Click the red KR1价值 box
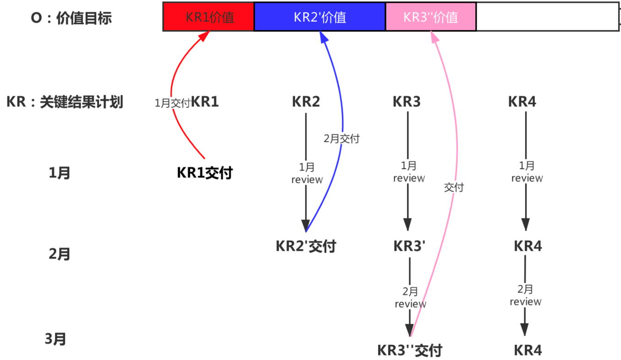[x=209, y=17]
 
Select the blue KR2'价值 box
[x=319, y=17]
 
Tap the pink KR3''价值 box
[x=430, y=17]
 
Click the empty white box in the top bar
[x=547, y=17]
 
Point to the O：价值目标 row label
[x=71, y=18]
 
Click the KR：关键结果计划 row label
[x=65, y=102]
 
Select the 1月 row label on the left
[x=59, y=173]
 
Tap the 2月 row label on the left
[x=59, y=254]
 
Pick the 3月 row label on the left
[x=55, y=339]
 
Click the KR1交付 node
[x=205, y=173]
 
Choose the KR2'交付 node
[x=306, y=246]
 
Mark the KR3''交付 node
[x=410, y=350]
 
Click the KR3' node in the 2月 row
[x=409, y=246]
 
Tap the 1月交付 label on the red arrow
[x=172, y=103]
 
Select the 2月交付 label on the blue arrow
[x=341, y=138]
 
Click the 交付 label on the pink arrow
[x=454, y=187]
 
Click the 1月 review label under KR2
[x=307, y=173]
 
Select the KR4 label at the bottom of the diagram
[x=528, y=350]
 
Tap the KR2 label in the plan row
[x=306, y=102]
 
